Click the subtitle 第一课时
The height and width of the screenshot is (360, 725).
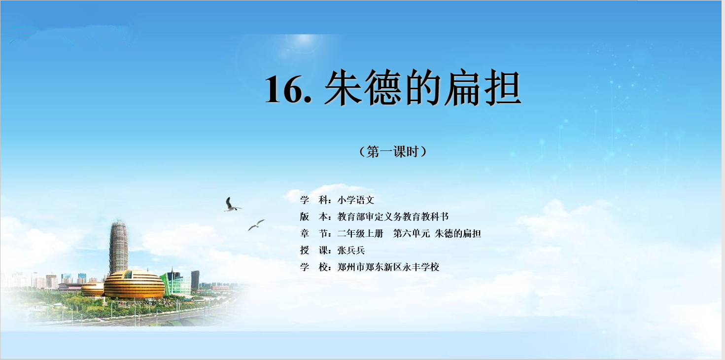coord(393,151)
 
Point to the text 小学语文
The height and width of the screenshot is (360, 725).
coord(356,200)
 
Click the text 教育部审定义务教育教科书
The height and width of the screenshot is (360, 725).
coord(393,216)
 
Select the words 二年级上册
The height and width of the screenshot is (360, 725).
coord(360,233)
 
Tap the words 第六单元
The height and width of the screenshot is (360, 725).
coord(412,233)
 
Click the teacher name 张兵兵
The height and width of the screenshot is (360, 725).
coord(351,250)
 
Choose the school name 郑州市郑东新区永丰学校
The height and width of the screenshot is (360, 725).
coord(388,267)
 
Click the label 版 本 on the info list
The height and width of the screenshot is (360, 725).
coord(314,216)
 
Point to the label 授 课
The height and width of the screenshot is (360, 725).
coord(314,250)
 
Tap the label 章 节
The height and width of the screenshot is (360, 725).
coord(314,233)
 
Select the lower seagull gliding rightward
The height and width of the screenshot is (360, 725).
coord(256,225)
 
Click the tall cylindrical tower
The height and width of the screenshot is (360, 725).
coord(118,247)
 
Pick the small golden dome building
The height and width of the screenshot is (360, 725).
coord(93,289)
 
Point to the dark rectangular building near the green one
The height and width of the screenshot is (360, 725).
coord(195,280)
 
